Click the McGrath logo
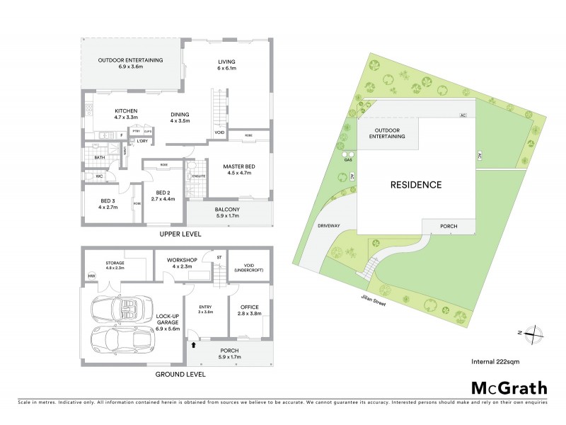click(509, 387)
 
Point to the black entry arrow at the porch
click(194, 345)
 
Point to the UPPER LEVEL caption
click(180, 234)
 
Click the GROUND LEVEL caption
click(180, 373)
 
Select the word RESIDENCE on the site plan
click(416, 185)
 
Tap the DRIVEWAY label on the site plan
click(330, 227)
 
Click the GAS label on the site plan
click(347, 161)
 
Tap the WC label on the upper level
click(90, 175)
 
